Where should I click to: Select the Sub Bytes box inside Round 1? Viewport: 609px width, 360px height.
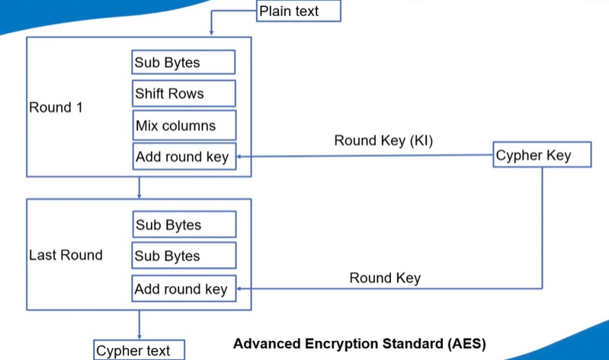[x=183, y=62]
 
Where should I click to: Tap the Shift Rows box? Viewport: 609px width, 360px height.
[x=183, y=94]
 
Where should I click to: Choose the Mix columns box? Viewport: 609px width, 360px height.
[x=183, y=126]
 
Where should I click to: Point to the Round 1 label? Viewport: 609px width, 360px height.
[x=56, y=108]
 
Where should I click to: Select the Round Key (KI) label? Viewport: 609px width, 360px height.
[x=384, y=141]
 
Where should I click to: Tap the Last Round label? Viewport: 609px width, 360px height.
[x=66, y=255]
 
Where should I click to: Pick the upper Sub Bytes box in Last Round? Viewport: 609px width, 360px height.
[x=184, y=225]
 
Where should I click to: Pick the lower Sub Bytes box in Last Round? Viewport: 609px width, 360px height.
[x=183, y=256]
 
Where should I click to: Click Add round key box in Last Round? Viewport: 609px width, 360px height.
[x=184, y=289]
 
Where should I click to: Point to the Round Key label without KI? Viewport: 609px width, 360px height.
[x=385, y=278]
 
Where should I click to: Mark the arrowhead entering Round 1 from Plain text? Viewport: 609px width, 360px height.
[x=210, y=32]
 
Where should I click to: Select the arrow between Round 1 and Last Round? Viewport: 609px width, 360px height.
[x=139, y=188]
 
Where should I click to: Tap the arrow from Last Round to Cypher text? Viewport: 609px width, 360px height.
[x=139, y=326]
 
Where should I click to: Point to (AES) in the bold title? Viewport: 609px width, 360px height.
[x=464, y=343]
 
